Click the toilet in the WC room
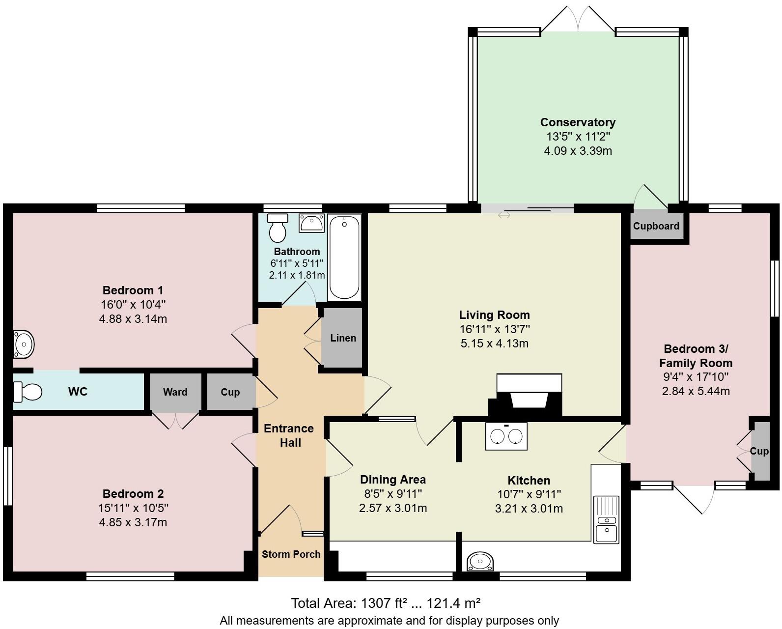pos(28,392)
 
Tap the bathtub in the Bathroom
pos(344,257)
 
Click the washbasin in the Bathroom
pos(311,224)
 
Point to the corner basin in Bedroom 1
pos(23,344)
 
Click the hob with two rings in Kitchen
pos(506,436)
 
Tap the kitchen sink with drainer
pos(606,519)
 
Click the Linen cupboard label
pos(343,338)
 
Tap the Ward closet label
pos(175,392)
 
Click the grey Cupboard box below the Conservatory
pos(656,226)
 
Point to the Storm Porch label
pos(291,554)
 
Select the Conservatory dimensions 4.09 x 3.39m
pos(578,151)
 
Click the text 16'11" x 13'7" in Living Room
pos(494,329)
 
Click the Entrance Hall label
pos(289,435)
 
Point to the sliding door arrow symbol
pos(504,215)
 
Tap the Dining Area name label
pos(392,480)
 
